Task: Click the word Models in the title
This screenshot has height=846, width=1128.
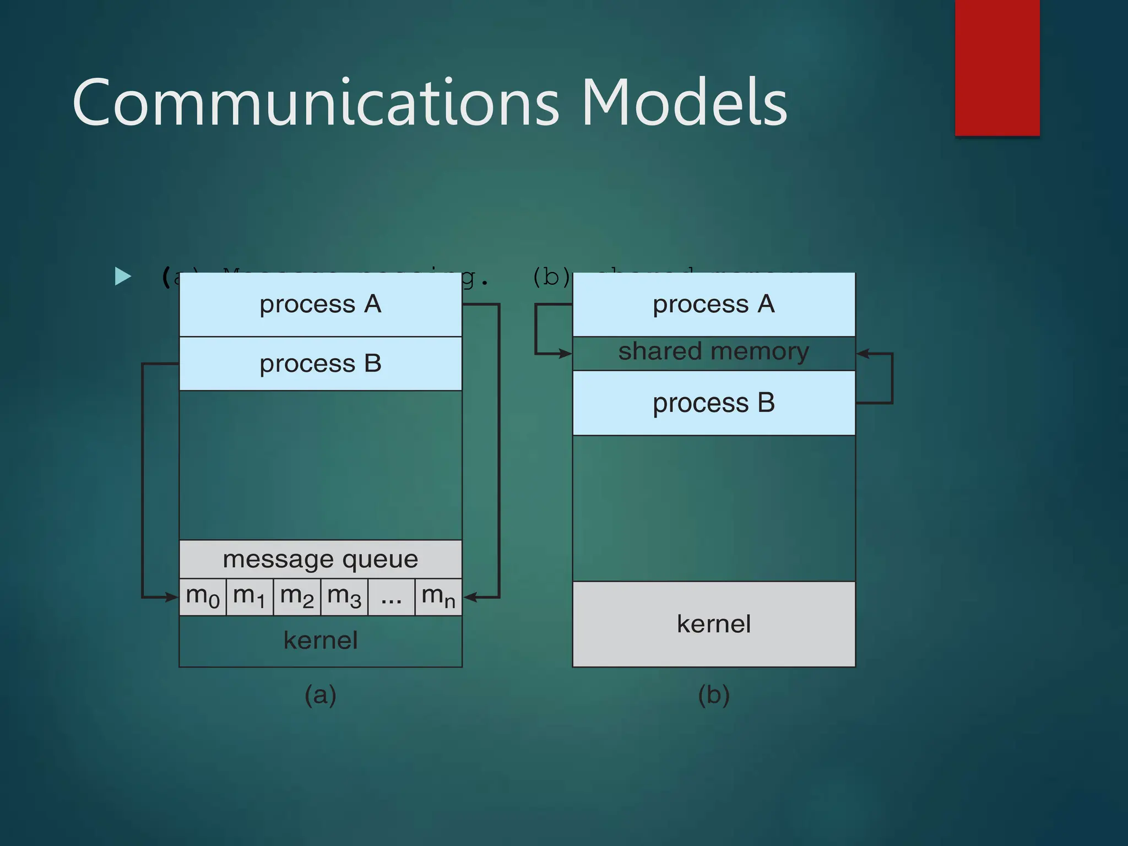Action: coord(684,104)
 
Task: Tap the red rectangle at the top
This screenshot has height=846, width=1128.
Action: coord(997,67)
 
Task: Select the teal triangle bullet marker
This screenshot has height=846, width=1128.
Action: coord(122,276)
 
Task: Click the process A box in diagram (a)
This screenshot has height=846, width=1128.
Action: coord(321,305)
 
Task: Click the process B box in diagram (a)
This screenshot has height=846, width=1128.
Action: coord(321,364)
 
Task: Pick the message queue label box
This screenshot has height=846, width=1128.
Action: coord(321,560)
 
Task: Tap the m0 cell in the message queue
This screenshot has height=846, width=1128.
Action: coord(203,597)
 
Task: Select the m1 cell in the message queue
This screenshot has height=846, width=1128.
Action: coord(250,597)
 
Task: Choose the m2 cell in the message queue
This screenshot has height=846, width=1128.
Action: coord(297,597)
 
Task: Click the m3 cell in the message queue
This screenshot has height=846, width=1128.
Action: coord(344,597)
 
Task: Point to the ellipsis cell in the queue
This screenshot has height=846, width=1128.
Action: coord(391,597)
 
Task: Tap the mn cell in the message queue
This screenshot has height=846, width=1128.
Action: coord(438,597)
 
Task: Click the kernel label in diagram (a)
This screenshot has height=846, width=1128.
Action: coord(321,641)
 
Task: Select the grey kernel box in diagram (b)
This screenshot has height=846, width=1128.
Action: coord(714,624)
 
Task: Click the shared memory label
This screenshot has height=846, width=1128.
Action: coord(714,352)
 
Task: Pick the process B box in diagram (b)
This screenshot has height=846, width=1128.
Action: coord(714,403)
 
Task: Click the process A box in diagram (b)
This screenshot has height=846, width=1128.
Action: coord(714,305)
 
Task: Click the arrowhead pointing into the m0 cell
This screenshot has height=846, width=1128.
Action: coord(171,597)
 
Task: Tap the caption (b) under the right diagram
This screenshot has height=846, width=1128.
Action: coord(714,695)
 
